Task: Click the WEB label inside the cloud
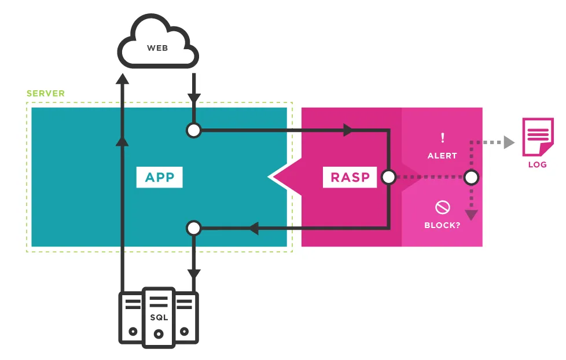[x=157, y=48]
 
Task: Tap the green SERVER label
[x=46, y=94]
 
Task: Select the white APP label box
[x=160, y=177]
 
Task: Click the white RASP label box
[x=350, y=177]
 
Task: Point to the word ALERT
[x=442, y=156]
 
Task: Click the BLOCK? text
[x=442, y=225]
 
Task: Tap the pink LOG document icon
[x=538, y=137]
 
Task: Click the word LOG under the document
[x=538, y=164]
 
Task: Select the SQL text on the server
[x=159, y=317]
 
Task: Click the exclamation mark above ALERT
[x=443, y=138]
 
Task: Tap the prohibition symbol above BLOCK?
[x=443, y=207]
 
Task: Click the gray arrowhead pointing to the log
[x=509, y=142]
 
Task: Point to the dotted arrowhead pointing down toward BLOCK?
[x=471, y=215]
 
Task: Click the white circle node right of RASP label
[x=389, y=177]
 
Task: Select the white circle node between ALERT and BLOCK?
[x=471, y=177]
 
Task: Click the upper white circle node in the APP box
[x=194, y=130]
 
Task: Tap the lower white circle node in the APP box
[x=194, y=228]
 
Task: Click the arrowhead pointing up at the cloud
[x=122, y=79]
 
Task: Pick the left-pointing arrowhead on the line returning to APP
[x=253, y=228]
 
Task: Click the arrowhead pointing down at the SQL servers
[x=194, y=274]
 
